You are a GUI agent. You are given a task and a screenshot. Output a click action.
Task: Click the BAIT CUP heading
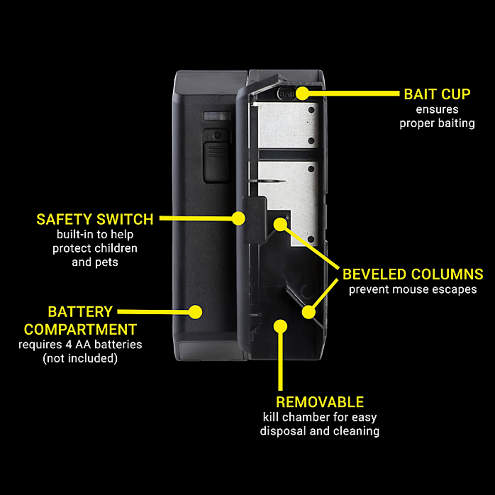[x=437, y=94]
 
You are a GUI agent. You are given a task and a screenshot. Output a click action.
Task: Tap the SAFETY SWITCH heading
[x=95, y=219]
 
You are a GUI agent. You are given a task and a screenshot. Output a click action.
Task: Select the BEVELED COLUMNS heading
[x=413, y=274]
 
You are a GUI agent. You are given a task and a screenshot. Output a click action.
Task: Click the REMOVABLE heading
[x=320, y=402]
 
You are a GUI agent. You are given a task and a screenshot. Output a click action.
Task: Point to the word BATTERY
[x=80, y=312]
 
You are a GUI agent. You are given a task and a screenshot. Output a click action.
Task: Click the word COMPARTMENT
[x=80, y=330]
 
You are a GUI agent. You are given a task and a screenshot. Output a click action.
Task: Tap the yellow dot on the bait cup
[x=302, y=93]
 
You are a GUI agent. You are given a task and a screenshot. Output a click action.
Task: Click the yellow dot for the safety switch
[x=238, y=218]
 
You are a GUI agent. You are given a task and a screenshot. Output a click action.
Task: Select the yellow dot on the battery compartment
[x=196, y=312]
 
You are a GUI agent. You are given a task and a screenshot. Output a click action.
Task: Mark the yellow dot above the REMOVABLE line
[x=280, y=326]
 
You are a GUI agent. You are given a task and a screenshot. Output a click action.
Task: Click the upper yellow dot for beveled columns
[x=280, y=224]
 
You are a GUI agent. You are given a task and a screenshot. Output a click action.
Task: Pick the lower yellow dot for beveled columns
[x=308, y=312]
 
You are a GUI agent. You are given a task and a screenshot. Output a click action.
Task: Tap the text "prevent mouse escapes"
[x=412, y=290]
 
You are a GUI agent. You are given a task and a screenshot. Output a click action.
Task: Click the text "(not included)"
[x=80, y=358]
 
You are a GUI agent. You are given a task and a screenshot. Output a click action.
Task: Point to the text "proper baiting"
[x=437, y=123]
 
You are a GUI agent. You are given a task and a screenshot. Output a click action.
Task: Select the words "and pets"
[x=95, y=262]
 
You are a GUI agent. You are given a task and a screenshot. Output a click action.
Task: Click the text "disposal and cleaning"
[x=320, y=431]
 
